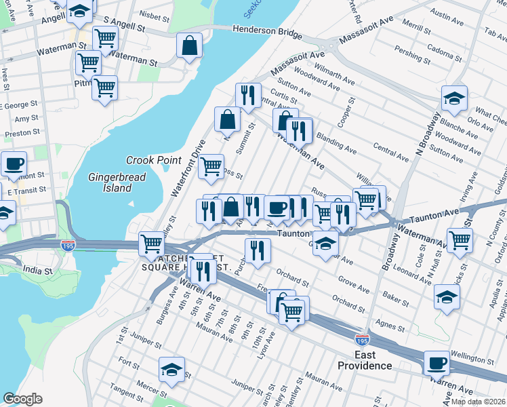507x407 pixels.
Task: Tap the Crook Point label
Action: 154,160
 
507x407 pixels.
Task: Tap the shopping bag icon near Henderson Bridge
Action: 190,46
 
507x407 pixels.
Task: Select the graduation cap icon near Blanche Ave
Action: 454,98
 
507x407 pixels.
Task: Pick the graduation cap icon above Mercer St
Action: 172,369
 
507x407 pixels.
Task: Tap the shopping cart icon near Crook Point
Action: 211,166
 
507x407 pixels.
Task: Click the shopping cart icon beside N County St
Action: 460,239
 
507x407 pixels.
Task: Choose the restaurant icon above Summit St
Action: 249,96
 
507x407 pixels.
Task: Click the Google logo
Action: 22,399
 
